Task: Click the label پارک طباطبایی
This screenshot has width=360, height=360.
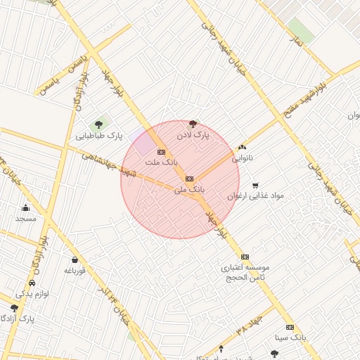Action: pos(99,135)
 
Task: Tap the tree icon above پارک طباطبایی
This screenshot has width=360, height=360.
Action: pos(98,124)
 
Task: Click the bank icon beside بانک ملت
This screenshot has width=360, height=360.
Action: pos(161,151)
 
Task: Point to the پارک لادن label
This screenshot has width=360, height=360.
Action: pos(193,134)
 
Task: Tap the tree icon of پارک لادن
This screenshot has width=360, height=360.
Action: pos(193,124)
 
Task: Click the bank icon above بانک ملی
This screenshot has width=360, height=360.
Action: pos(189,179)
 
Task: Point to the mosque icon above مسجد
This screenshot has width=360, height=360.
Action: pos(26,207)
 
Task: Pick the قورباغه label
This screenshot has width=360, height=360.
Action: pos(75,270)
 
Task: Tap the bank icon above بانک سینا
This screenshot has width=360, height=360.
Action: pos(290,327)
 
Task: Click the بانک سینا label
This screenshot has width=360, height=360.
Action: pos(290,337)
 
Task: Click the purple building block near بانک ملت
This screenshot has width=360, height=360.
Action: pos(144,143)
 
